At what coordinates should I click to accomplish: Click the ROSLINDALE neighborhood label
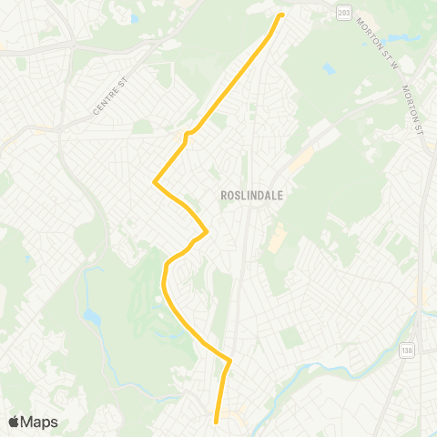pos(242,195)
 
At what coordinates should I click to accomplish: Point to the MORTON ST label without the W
pos(415,107)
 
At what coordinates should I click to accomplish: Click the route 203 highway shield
pos(342,11)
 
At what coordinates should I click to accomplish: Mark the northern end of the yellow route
pos(280,15)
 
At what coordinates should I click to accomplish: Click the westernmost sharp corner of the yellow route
pos(155,181)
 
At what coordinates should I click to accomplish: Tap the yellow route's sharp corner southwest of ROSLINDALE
pos(208,231)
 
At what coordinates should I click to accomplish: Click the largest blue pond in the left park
pos(91,317)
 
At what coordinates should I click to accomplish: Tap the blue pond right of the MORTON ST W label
pos(398,40)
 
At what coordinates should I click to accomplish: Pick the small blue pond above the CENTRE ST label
pos(135,18)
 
